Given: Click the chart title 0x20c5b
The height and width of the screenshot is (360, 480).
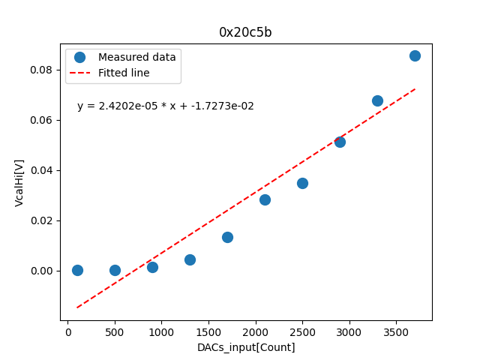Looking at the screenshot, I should click(245, 32).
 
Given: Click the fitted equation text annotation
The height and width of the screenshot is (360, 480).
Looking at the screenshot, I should click(166, 106).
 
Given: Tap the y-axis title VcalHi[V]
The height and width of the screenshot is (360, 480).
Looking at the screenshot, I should click(19, 182).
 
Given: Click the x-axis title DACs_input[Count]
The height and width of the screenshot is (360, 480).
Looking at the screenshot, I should click(246, 347).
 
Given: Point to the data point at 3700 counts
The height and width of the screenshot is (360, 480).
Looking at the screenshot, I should click(415, 55).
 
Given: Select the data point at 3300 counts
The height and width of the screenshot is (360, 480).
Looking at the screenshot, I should click(377, 100).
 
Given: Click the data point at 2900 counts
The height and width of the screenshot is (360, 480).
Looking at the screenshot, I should click(340, 141).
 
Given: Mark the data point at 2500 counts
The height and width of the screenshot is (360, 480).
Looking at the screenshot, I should click(302, 183).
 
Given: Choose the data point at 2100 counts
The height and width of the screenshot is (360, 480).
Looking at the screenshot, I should click(265, 199).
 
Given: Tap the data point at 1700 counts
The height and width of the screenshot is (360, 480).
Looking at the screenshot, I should click(227, 237).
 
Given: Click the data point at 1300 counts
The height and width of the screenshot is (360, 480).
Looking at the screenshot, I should click(190, 259).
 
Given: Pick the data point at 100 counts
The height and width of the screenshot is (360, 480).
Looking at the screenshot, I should click(77, 270).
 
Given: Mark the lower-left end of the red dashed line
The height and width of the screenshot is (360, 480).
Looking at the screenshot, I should click(77, 307).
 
